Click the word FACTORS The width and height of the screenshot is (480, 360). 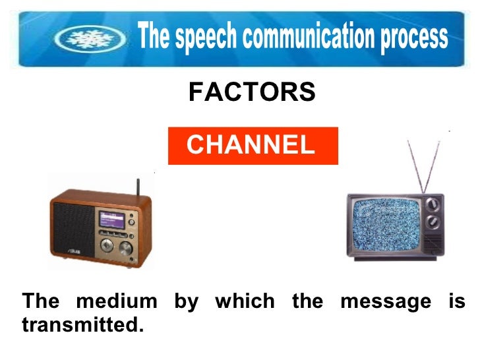252,93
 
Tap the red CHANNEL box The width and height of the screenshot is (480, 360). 253,146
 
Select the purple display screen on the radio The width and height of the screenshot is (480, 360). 111,220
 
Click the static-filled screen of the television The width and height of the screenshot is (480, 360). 384,227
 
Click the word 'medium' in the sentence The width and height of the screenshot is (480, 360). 117,302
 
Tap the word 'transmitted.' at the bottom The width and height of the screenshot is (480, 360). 82,324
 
